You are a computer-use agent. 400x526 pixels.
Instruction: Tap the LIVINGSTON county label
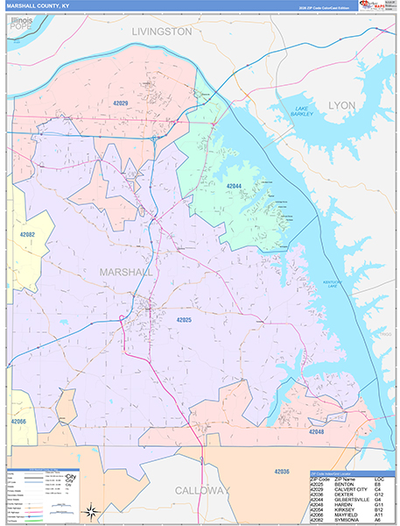coord(161,32)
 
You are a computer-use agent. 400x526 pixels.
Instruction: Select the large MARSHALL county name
coord(124,272)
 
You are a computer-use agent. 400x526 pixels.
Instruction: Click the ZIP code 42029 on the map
coord(119,104)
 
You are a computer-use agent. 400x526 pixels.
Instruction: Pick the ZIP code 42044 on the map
coord(234,187)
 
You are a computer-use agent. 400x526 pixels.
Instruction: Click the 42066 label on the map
coord(19,422)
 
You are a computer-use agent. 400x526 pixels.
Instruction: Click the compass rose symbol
coord(89,512)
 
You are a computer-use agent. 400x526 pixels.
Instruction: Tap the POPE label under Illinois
coord(19,27)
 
